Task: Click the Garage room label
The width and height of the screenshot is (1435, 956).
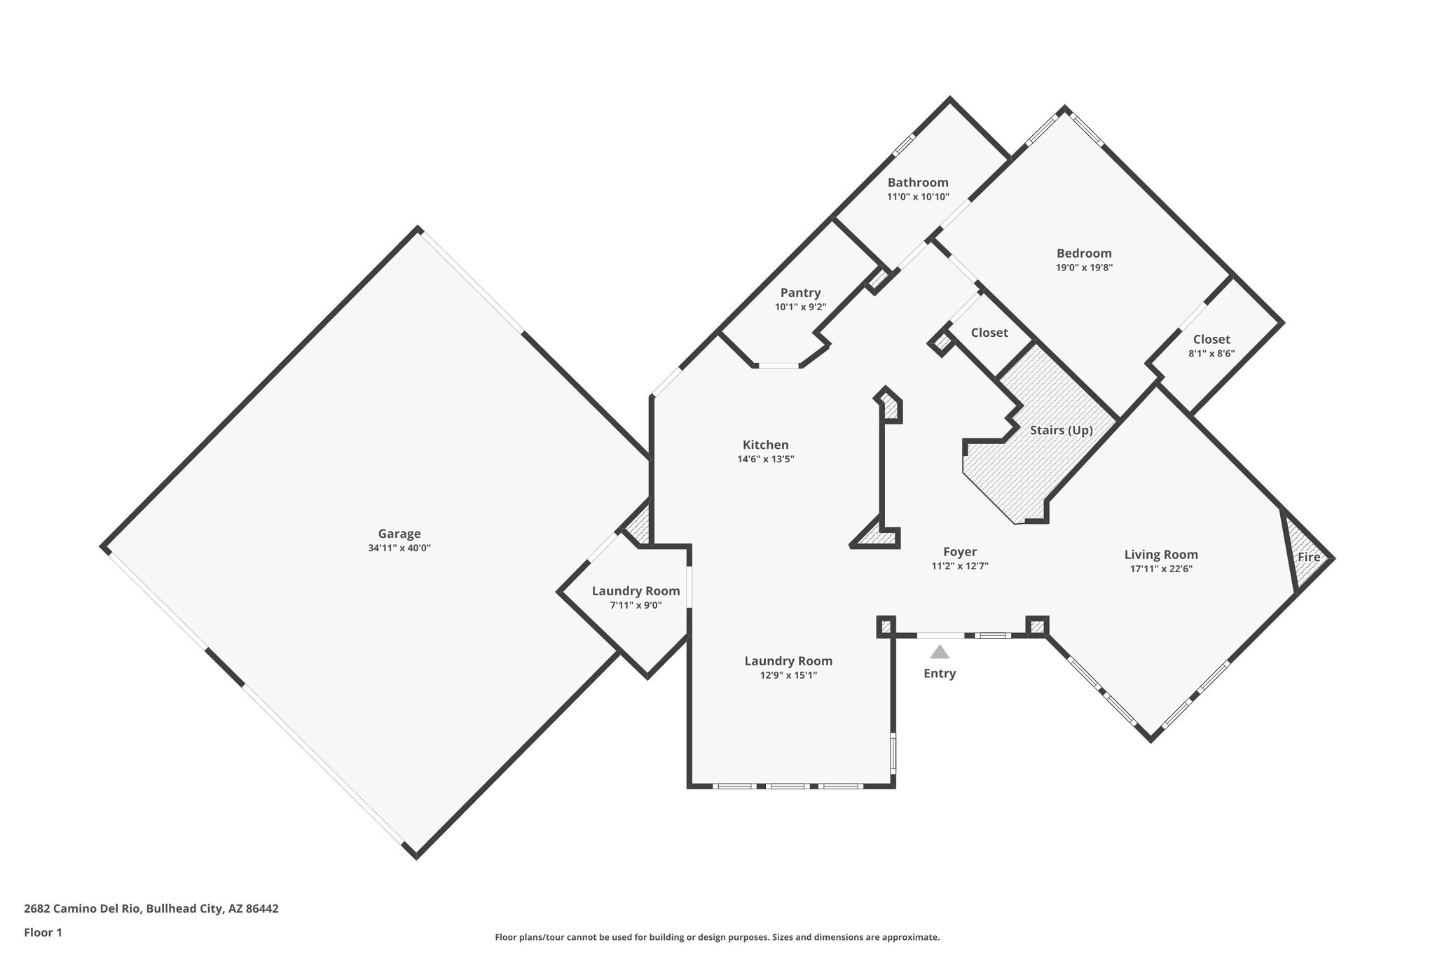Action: [x=399, y=534]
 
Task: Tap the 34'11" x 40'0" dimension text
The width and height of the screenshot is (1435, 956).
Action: [x=399, y=548]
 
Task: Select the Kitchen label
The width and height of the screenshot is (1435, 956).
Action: [x=765, y=445]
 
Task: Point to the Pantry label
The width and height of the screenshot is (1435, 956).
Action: [x=800, y=293]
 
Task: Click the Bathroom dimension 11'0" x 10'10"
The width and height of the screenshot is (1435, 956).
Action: [x=918, y=197]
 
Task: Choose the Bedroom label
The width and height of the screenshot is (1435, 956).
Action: [x=1084, y=253]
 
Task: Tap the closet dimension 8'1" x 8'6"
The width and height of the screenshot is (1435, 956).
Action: [x=1211, y=354]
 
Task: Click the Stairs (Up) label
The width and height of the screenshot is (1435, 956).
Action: [x=1061, y=430]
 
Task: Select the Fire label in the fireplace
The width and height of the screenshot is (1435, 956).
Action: [x=1309, y=557]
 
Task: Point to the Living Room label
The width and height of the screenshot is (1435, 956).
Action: [x=1161, y=554]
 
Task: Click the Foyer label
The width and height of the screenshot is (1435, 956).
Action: [x=959, y=552]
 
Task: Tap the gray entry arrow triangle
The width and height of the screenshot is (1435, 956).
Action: [x=940, y=653]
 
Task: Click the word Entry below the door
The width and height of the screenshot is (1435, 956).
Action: [x=940, y=674]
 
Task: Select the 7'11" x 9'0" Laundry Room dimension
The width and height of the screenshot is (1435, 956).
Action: [x=636, y=605]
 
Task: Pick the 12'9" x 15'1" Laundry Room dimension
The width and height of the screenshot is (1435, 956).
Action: [x=788, y=675]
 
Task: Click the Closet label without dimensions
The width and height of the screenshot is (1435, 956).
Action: [x=989, y=333]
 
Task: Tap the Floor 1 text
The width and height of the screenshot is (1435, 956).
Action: [x=43, y=932]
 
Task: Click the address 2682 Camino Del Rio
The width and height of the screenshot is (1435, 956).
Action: [x=151, y=908]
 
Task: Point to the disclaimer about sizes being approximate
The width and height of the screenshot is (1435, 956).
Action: [x=717, y=937]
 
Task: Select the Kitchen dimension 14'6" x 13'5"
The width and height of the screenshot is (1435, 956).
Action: [x=765, y=459]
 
